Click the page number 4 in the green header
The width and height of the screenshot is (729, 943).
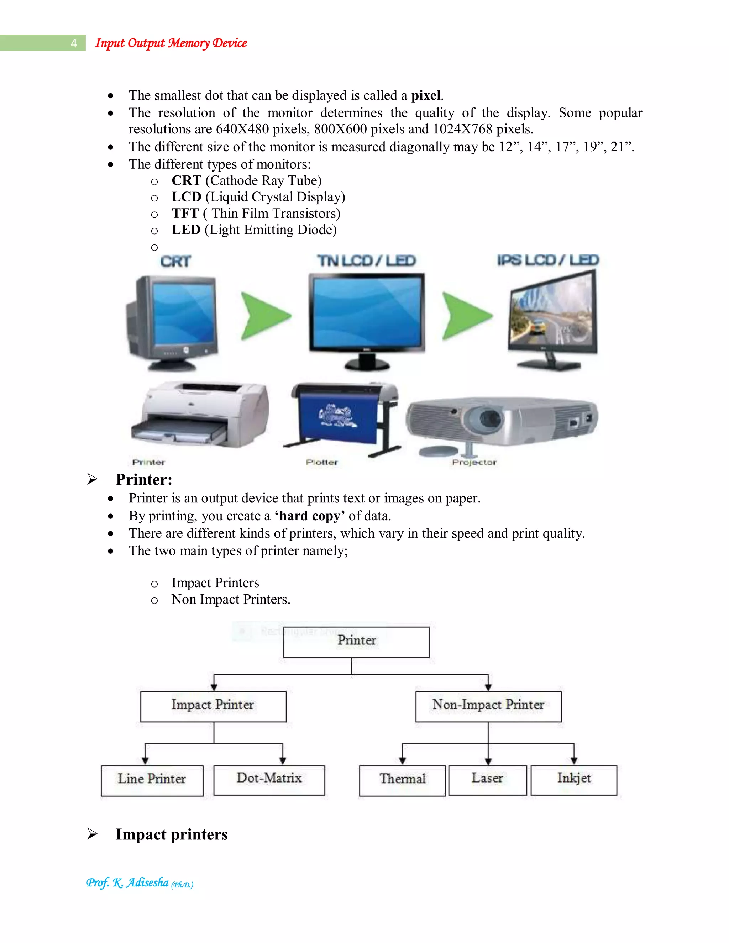click(x=74, y=43)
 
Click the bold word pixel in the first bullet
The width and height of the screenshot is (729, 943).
click(x=426, y=95)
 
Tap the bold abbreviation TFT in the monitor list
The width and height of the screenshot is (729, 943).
click(x=185, y=213)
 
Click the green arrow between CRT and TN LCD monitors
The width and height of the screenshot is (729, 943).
click(x=265, y=316)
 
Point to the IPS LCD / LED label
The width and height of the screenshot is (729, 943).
click(x=547, y=260)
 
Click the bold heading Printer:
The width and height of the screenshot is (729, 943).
click(x=144, y=480)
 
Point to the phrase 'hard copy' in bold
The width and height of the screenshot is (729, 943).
click(x=310, y=516)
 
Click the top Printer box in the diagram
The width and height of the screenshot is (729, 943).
click(x=356, y=642)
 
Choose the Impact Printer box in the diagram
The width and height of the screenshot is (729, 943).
click(x=213, y=706)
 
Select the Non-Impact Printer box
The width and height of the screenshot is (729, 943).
click(x=488, y=706)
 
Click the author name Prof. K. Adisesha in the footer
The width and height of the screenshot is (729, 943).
click(x=128, y=883)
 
